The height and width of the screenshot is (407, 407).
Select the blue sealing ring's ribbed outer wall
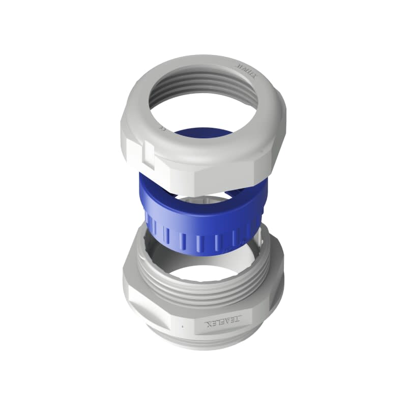coord(203,231)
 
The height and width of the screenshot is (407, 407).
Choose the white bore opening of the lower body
coord(203,270)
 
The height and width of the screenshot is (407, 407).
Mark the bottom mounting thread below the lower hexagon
coord(203,343)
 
